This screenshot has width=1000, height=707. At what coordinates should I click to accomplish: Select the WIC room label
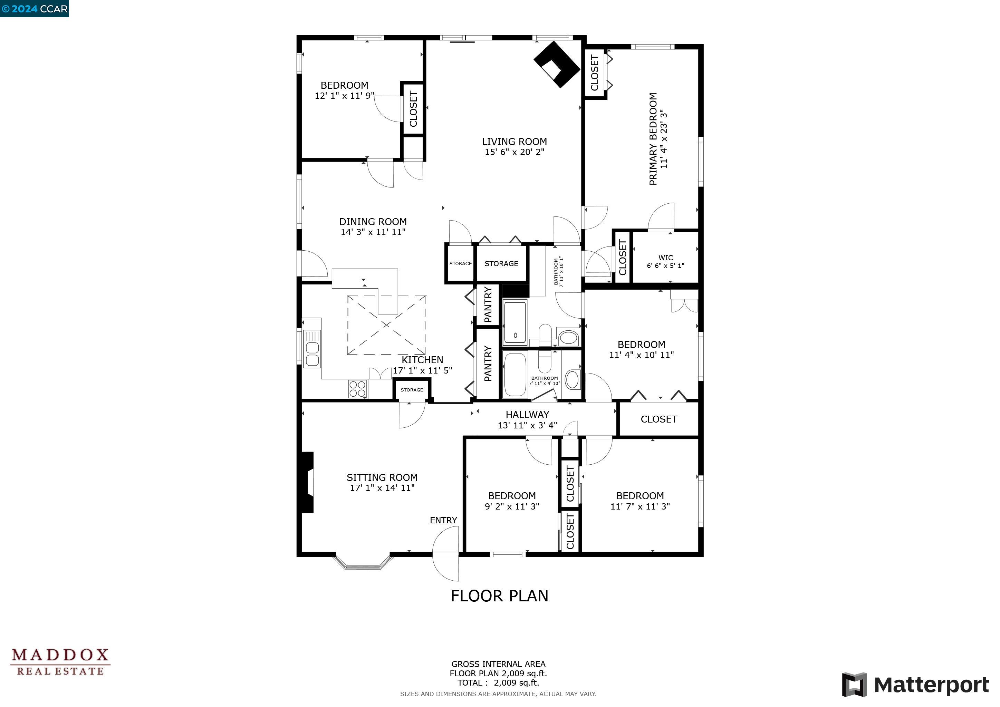[x=665, y=258]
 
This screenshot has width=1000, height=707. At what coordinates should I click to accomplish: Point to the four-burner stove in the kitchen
[x=358, y=389]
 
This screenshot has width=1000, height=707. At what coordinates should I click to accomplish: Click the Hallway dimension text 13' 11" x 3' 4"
[x=527, y=425]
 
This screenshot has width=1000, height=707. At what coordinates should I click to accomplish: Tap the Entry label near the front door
[x=443, y=520]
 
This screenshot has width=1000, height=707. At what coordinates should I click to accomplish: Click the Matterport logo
[x=915, y=685]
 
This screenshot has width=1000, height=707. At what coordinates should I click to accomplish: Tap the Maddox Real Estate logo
[x=60, y=662]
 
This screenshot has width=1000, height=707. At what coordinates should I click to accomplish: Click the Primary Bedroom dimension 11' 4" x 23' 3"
[x=663, y=139]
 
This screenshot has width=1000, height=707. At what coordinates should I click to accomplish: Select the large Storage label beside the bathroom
[x=501, y=263]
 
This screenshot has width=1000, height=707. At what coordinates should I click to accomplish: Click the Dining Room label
[x=373, y=222]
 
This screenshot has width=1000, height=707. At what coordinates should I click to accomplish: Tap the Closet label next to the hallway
[x=658, y=419]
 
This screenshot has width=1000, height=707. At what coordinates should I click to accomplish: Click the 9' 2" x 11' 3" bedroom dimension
[x=512, y=506]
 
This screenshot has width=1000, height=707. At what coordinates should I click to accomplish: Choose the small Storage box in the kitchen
[x=412, y=390]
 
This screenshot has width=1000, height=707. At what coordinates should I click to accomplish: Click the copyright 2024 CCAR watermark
[x=35, y=9]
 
